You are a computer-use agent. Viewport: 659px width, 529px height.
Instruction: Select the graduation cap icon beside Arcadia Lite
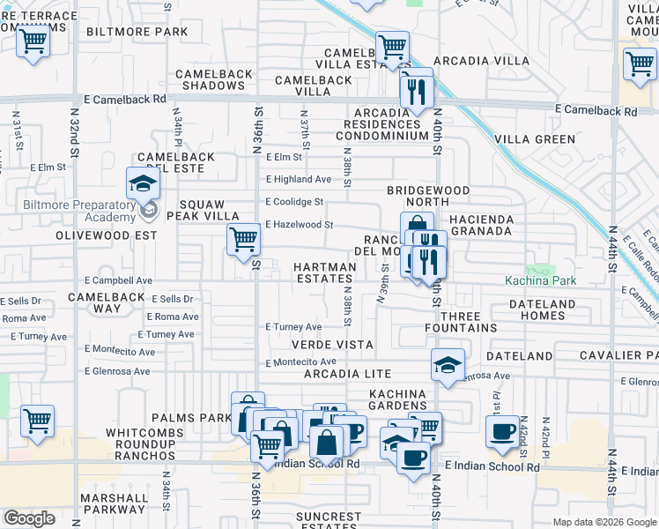tap(448, 365)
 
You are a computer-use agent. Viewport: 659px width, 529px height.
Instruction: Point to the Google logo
tap(29, 518)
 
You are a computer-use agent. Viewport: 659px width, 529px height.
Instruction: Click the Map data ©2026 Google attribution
tap(603, 522)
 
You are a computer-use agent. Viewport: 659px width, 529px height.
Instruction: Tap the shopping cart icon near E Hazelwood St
tap(242, 239)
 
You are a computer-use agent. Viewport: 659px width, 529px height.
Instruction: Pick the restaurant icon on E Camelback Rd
tap(415, 91)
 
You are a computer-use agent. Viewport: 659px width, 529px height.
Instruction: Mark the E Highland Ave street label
tap(299, 179)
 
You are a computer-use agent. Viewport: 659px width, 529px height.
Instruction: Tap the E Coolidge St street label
tap(294, 202)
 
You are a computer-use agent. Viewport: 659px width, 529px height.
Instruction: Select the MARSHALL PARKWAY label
tap(115, 503)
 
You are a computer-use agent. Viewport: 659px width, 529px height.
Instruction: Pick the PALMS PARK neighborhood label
tap(191, 417)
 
